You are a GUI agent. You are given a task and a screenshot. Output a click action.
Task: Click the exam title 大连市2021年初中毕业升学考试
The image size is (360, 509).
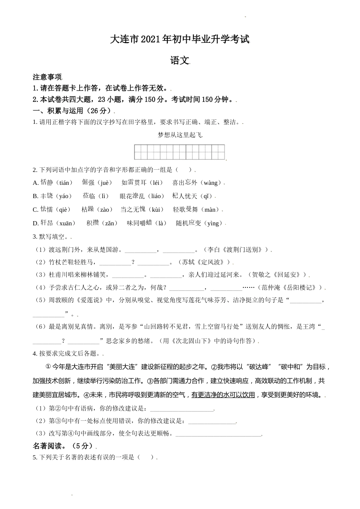click(180, 39)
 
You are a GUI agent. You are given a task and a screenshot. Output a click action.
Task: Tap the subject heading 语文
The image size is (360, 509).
click(180, 61)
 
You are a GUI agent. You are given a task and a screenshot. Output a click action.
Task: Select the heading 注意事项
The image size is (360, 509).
click(47, 77)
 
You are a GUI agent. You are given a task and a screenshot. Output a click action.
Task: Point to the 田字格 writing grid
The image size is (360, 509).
click(180, 152)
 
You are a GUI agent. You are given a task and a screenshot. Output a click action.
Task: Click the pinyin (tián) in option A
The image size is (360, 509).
click(64, 183)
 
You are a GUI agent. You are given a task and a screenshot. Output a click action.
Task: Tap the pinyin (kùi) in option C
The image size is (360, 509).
click(156, 209)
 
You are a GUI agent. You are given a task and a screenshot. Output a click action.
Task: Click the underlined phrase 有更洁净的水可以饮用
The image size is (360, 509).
click(223, 395)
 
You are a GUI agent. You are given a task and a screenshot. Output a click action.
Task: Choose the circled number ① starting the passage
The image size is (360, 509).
click(48, 367)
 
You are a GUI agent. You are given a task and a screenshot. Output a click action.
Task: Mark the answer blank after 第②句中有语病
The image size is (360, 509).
click(182, 409)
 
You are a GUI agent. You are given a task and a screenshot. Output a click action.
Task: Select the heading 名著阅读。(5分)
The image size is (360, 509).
click(63, 446)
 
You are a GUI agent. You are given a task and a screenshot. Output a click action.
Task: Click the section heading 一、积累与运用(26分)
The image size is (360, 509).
click(73, 111)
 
